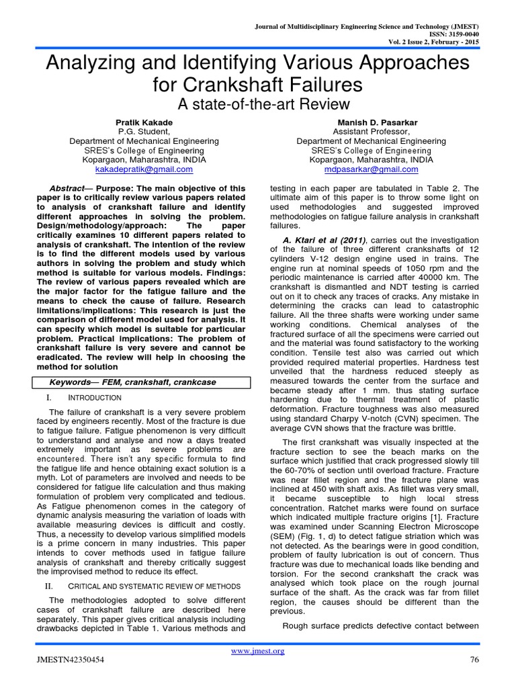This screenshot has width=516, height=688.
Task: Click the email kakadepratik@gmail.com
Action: coord(144,171)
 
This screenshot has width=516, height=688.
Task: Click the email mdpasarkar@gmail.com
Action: coord(371,171)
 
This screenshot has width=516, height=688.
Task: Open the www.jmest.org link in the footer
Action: coord(258,650)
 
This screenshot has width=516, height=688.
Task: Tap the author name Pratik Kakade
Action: coord(144,122)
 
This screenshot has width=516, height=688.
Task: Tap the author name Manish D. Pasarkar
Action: coord(371,122)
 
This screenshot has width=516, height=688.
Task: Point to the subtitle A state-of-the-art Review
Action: coord(258,104)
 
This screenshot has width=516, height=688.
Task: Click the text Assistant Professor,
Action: coord(371,132)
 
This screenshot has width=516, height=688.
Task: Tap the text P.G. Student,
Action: coord(144,132)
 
